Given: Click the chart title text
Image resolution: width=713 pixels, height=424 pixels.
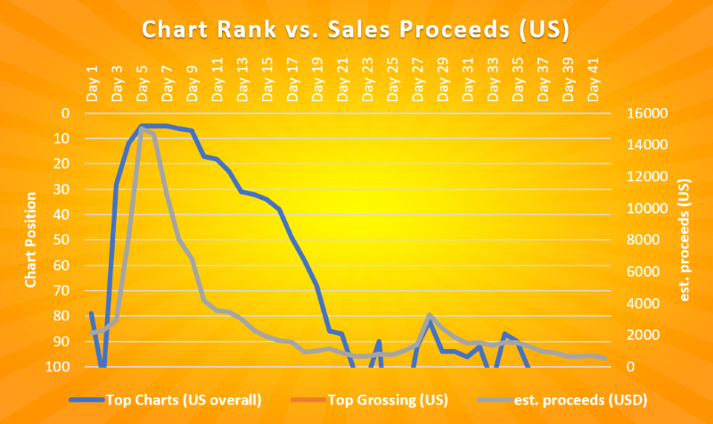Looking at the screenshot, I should [356, 29].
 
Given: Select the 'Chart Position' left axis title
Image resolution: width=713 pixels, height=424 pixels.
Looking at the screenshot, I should [30, 239].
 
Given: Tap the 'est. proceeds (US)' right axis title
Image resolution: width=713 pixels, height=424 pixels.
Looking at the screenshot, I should [684, 239].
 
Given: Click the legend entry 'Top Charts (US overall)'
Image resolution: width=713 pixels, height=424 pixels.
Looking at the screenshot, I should [183, 399].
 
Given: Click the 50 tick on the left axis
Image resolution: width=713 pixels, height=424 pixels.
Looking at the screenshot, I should [63, 240].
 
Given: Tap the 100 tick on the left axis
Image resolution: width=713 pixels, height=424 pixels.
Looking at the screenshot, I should [61, 367].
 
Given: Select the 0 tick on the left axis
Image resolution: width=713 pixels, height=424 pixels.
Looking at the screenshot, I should [67, 113].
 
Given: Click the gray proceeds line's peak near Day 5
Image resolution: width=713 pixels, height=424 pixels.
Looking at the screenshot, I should [142, 129].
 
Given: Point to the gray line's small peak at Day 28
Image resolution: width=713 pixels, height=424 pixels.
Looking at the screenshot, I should [430, 315].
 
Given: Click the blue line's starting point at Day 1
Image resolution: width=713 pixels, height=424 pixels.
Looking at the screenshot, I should [91, 312].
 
